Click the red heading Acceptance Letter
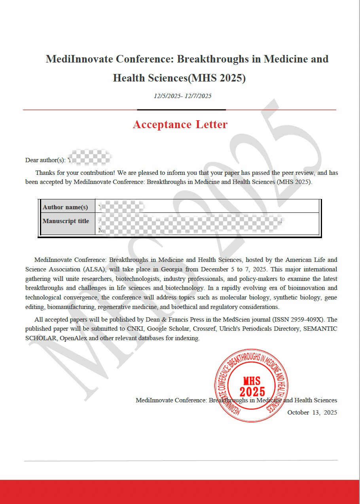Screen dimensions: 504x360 (180, 125)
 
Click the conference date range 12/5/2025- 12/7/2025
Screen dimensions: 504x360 (183, 96)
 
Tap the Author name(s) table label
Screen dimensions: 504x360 (65, 207)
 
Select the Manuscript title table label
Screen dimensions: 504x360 (66, 221)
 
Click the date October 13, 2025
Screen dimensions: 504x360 (312, 413)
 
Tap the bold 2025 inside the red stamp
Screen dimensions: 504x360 (252, 392)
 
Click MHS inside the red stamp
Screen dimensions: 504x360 (252, 381)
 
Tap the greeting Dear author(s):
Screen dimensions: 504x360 (45, 160)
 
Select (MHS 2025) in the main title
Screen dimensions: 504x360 (217, 78)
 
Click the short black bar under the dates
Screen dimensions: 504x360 (181, 110)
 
